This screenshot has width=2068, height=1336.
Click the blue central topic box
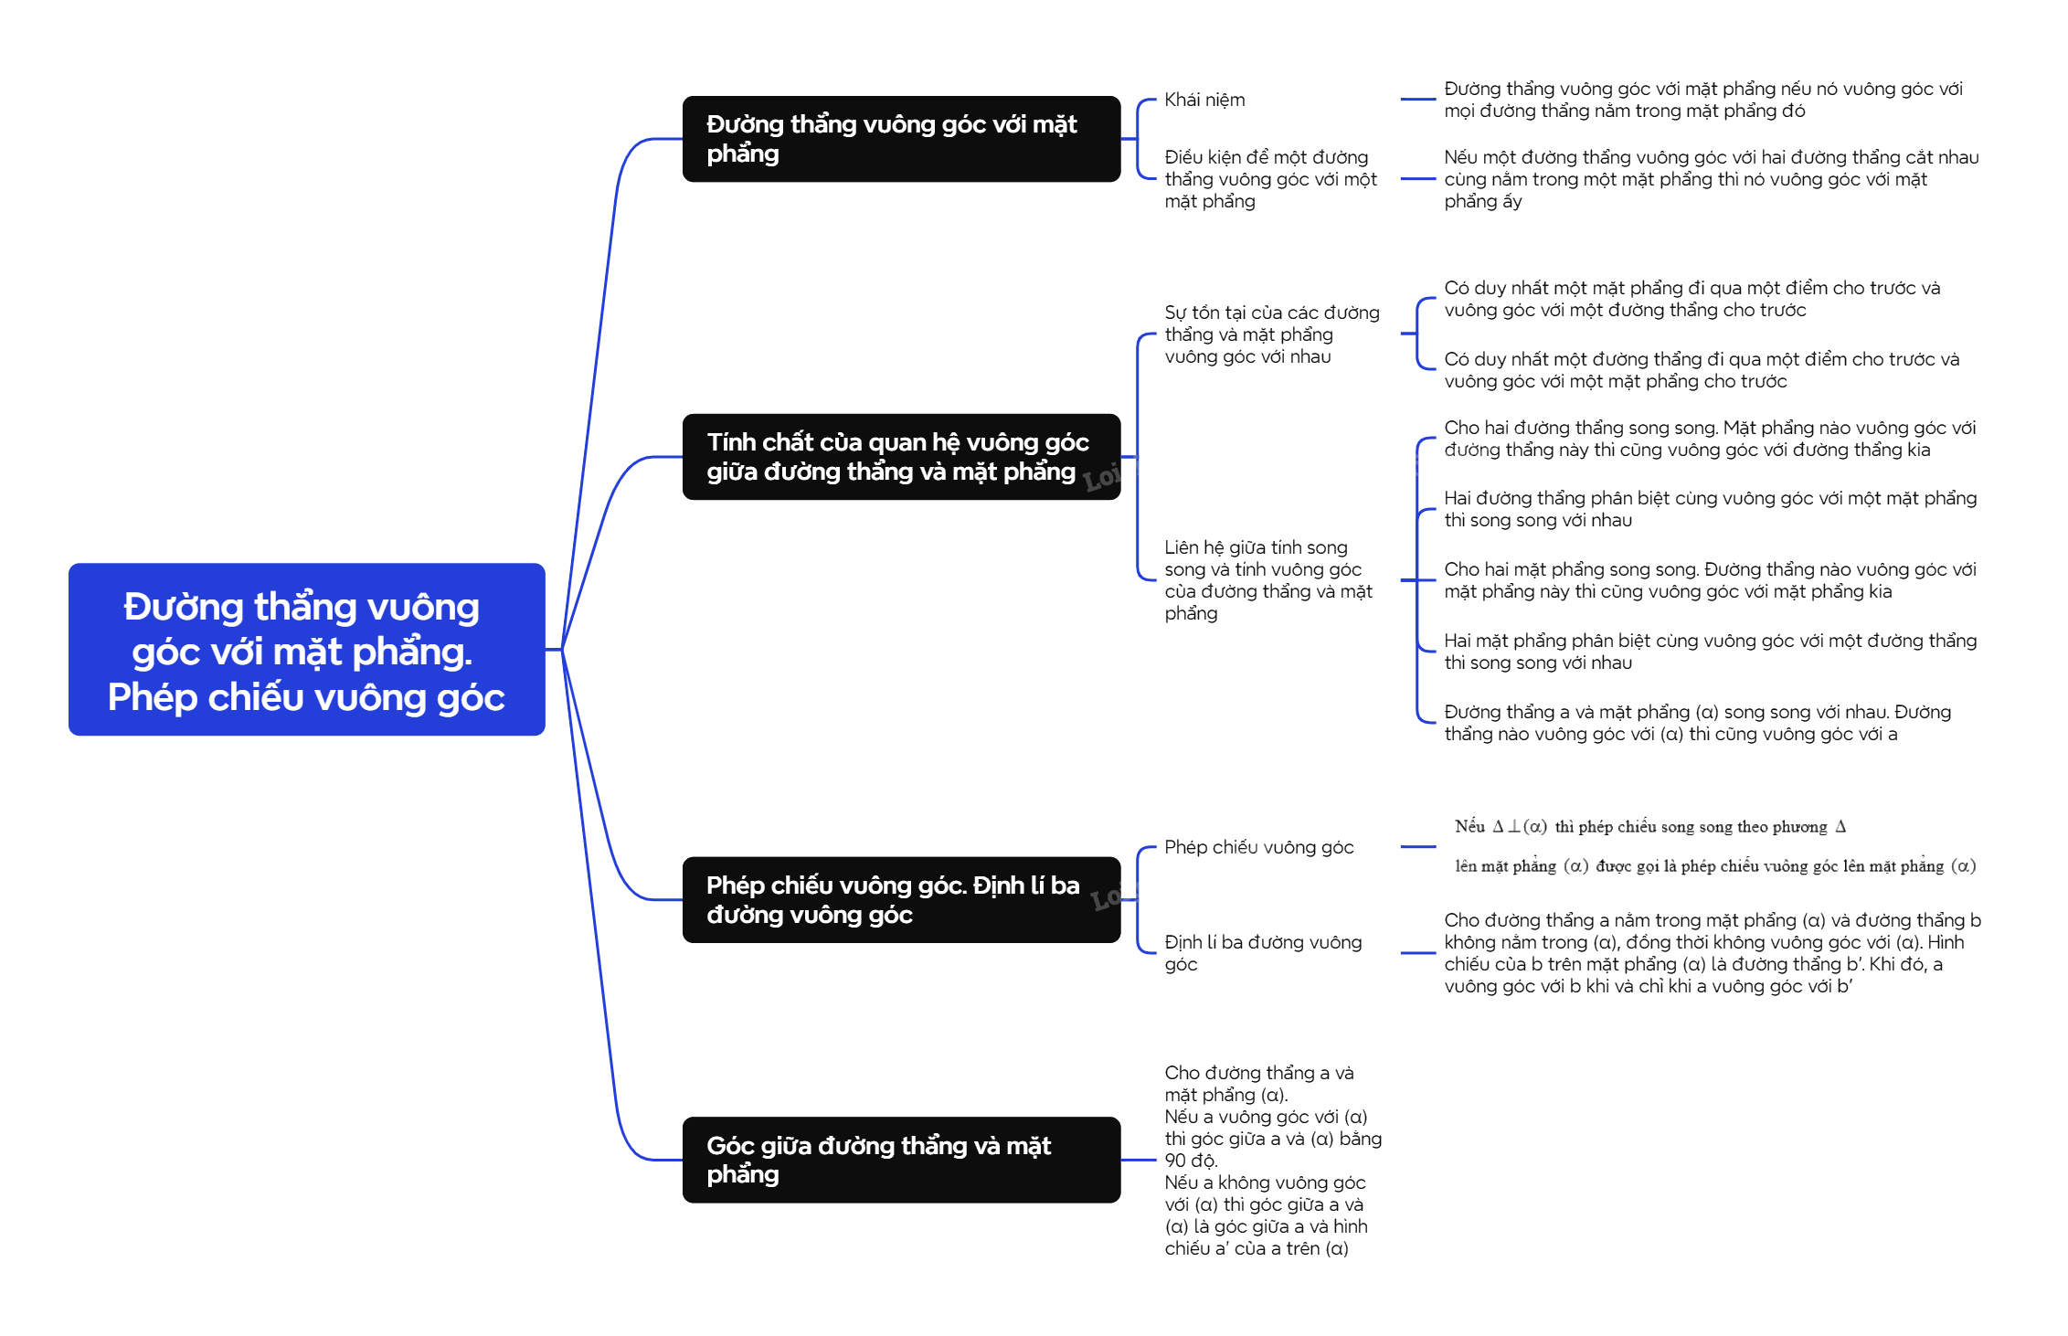click(306, 650)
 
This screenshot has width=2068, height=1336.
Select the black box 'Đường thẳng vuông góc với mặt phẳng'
click(901, 139)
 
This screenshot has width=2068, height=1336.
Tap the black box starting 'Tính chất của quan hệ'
click(901, 457)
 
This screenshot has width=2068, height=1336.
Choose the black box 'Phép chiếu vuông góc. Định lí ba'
click(901, 900)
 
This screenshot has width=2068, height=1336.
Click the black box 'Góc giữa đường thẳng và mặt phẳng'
click(901, 1160)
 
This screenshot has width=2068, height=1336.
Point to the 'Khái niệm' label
click(1204, 100)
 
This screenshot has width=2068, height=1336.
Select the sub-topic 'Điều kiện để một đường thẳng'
click(1270, 179)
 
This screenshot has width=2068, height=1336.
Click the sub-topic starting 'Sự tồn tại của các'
click(1271, 334)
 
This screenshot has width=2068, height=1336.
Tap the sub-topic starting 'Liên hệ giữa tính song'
click(1267, 580)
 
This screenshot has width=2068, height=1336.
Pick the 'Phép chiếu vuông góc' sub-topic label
click(1258, 847)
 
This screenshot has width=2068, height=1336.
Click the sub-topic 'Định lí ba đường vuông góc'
click(1263, 953)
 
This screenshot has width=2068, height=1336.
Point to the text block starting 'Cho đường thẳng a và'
click(1272, 1160)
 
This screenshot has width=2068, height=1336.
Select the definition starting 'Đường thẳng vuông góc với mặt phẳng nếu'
click(1702, 100)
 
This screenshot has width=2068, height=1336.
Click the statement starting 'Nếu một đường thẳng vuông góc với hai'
click(1711, 179)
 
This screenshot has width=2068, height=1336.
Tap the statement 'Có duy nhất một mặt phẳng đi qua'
click(1692, 299)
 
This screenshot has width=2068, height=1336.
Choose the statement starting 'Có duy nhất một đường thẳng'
click(1701, 370)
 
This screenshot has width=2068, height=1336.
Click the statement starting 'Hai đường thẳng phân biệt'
click(1710, 509)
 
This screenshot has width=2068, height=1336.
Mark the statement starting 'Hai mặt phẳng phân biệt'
click(1710, 652)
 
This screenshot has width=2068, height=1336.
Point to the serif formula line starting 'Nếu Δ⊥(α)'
click(1649, 827)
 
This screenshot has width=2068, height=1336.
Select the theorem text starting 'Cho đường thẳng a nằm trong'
click(1712, 953)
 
